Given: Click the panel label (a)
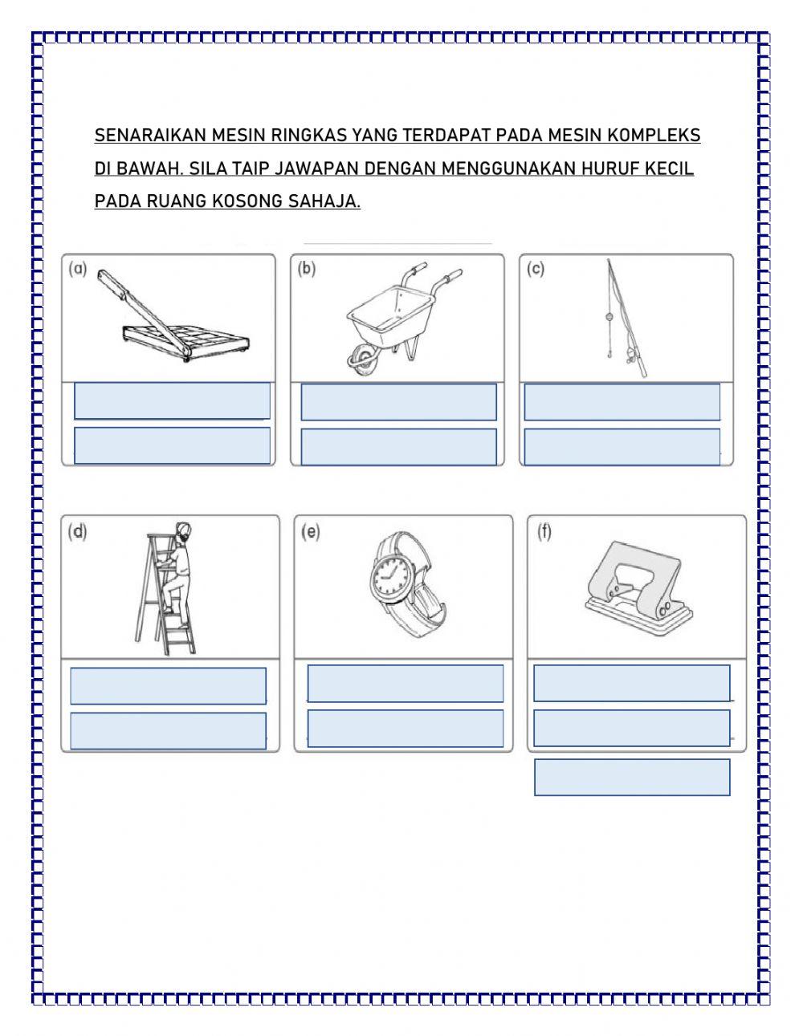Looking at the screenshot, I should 78,269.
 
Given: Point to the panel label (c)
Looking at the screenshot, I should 536,269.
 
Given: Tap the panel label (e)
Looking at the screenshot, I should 311,531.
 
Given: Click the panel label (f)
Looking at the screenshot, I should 544,531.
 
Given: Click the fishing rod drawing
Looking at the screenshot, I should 628,321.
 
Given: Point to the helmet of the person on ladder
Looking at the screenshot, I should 184,529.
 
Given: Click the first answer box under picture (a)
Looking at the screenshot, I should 172,401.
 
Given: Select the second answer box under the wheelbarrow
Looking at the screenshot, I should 398,446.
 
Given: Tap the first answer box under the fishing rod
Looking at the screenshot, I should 622,402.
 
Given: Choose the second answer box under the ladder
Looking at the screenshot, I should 168,731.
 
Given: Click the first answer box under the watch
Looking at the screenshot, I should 405,684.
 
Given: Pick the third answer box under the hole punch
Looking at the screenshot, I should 632,778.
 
